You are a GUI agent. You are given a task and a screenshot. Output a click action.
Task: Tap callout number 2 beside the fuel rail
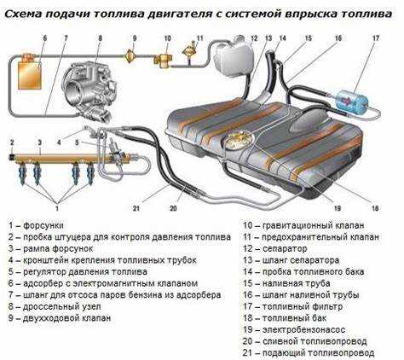pos(12,140)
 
